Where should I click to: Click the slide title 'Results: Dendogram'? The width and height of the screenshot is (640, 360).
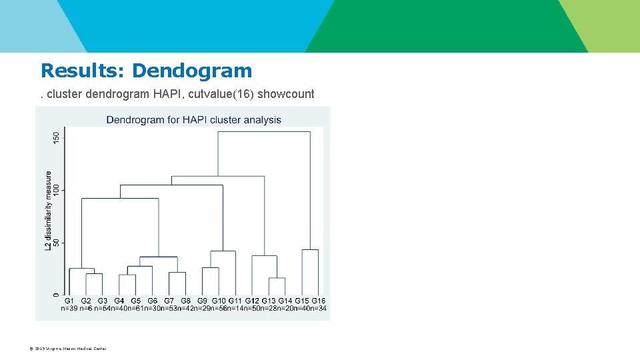(146, 71)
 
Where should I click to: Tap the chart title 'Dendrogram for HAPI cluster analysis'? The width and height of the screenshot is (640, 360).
(193, 120)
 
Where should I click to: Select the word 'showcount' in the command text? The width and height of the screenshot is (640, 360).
(285, 94)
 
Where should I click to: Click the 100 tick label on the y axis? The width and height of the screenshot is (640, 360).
(57, 191)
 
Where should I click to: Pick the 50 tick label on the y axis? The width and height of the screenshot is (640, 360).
(57, 243)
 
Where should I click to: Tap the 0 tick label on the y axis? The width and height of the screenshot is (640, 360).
(57, 294)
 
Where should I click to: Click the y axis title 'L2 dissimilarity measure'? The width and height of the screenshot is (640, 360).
(48, 210)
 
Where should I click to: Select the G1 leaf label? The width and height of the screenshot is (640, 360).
(69, 301)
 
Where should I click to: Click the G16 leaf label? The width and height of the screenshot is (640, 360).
(319, 301)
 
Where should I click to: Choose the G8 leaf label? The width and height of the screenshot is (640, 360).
(185, 301)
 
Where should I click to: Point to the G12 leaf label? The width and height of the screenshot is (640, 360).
(252, 301)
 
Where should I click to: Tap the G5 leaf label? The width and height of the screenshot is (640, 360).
(136, 301)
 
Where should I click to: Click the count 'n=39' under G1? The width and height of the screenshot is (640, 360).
(69, 308)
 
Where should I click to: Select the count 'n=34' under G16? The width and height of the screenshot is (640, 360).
(319, 308)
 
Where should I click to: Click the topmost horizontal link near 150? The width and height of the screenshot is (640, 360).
(264, 132)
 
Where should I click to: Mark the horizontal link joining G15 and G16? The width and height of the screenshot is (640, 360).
(310, 250)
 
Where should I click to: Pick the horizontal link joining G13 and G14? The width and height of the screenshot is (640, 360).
(277, 278)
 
